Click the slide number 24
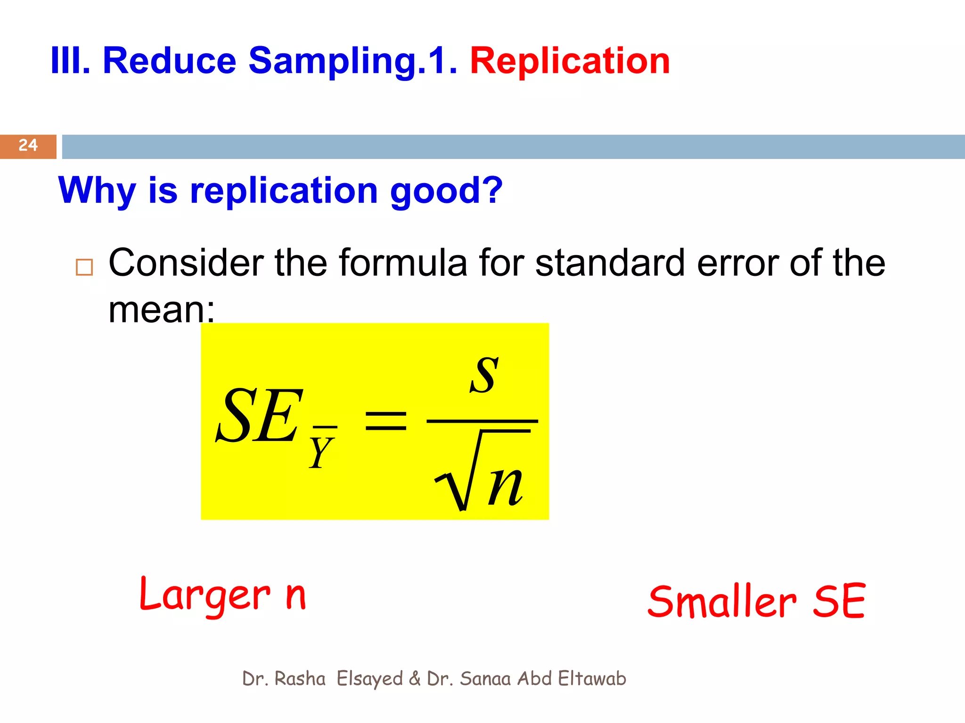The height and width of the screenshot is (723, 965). (x=28, y=145)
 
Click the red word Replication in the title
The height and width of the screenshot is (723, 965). (x=570, y=61)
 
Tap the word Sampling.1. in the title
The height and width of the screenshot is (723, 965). (x=352, y=61)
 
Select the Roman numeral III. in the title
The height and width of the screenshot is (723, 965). (x=70, y=61)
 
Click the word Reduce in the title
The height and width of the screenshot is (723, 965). (x=169, y=61)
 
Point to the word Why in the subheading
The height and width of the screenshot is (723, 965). (x=97, y=191)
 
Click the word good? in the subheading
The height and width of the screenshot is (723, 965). (x=446, y=191)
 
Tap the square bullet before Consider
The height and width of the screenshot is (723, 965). (x=84, y=267)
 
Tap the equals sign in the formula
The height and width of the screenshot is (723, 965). (x=386, y=420)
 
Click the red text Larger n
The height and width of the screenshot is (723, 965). (x=223, y=595)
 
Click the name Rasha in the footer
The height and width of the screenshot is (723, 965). (x=300, y=679)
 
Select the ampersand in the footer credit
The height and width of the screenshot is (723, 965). (x=415, y=679)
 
